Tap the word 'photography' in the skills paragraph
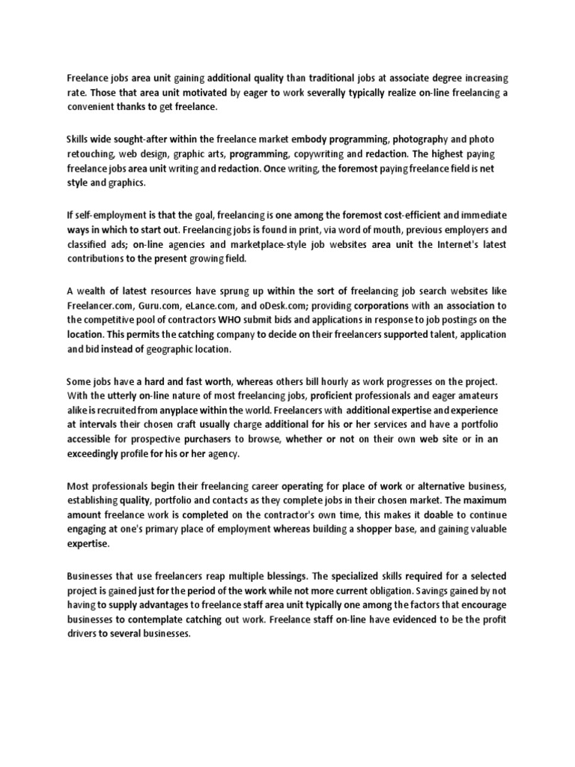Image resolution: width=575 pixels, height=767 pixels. pos(422,139)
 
